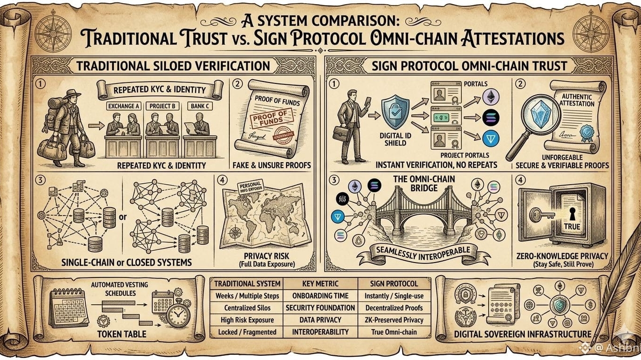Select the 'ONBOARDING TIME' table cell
(321, 296)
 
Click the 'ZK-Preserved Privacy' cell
(393, 320)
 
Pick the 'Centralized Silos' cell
(247, 308)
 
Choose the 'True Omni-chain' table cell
(393, 332)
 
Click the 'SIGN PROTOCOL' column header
(393, 283)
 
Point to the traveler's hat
(71, 94)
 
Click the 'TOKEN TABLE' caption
(122, 334)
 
